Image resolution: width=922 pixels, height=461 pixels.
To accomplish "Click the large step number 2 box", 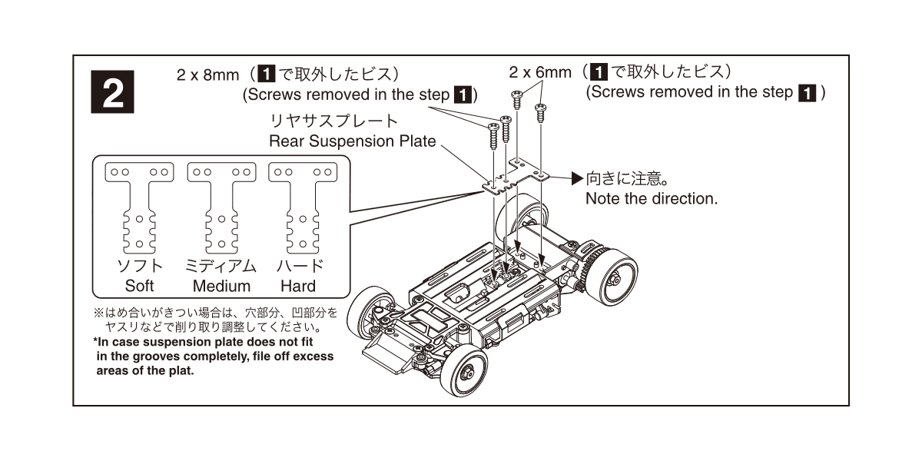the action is pos(112,91).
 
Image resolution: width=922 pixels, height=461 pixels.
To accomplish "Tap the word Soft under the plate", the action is pos(139,286).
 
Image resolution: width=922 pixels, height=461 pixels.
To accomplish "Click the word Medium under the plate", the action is pos(221,286).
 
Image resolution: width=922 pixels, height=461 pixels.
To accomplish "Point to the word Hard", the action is pos(298,286).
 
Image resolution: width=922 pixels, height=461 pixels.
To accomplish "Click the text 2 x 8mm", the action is pos(208,75).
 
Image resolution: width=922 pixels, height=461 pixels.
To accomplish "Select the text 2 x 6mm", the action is pos(540,72).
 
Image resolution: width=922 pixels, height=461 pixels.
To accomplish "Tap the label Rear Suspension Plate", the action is pos(353,141).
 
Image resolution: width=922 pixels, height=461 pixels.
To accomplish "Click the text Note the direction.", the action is pos(652,199).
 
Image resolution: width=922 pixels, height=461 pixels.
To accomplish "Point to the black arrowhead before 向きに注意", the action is pos(578,178).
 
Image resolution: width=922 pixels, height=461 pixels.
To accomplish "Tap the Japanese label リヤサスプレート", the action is pos(333,121).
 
